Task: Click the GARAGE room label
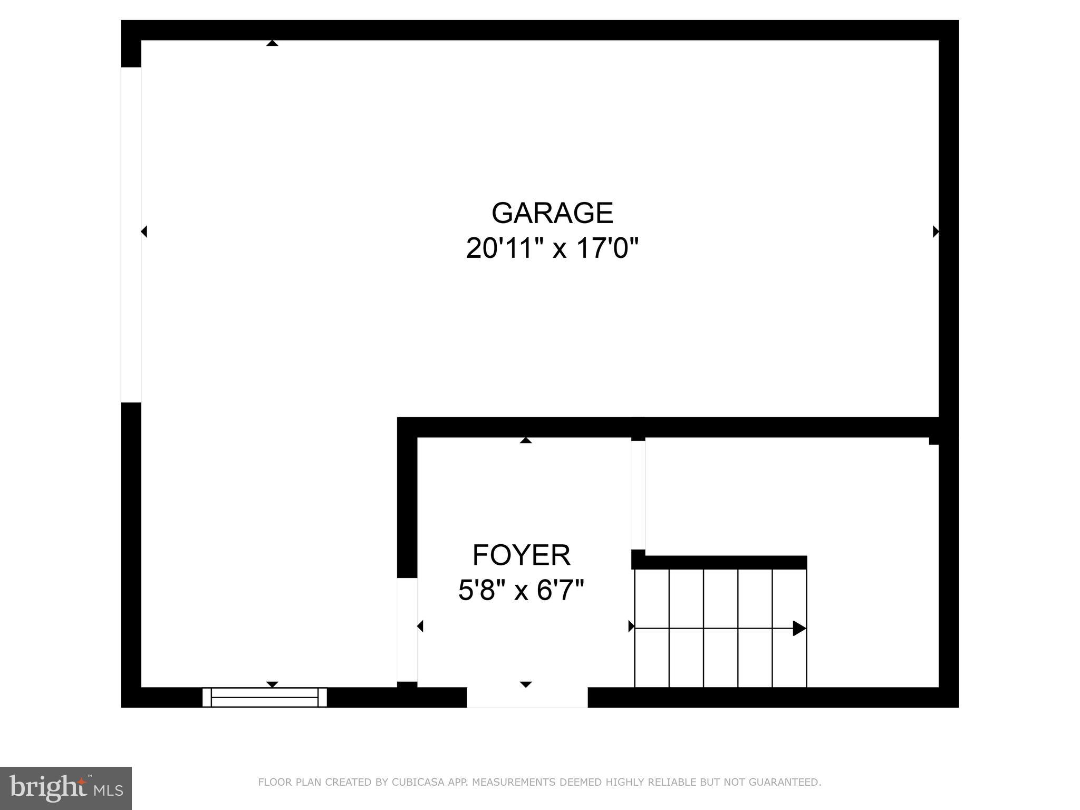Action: [552, 213]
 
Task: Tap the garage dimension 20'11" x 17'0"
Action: [552, 248]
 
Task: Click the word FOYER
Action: [521, 555]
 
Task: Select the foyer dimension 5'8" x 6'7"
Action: [521, 590]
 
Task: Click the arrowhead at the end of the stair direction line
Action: [799, 629]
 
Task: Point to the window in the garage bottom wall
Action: [265, 697]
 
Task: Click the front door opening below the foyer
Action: [527, 697]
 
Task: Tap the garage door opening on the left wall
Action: [131, 235]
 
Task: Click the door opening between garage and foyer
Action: [407, 630]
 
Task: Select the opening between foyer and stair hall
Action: [638, 495]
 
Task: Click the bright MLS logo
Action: [66, 788]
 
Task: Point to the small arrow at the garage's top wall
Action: [272, 43]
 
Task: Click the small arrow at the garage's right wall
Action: [936, 231]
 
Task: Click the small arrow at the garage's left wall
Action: [144, 231]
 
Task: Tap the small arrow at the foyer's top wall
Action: [526, 440]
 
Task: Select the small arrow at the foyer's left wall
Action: [420, 626]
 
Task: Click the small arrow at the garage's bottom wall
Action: [272, 684]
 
